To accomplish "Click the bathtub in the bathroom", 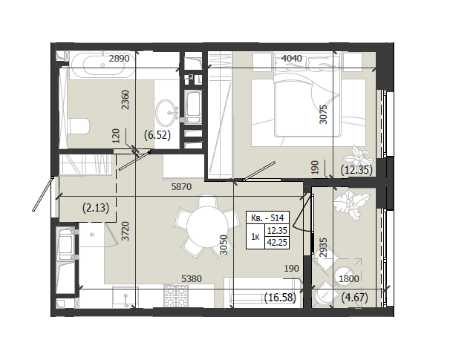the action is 102,65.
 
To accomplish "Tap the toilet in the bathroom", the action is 79,126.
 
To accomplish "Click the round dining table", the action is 207,227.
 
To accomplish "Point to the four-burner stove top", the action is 176,296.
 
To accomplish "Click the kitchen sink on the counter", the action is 126,297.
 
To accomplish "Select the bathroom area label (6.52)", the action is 157,135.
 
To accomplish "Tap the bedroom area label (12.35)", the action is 356,170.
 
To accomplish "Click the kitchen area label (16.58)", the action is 280,298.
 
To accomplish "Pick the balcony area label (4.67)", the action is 354,298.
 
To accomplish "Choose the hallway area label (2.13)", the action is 96,208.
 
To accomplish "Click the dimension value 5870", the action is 181,187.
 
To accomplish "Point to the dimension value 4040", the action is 292,59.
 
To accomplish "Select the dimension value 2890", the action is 119,59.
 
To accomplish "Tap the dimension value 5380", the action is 192,279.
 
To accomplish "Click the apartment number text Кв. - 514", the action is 267,217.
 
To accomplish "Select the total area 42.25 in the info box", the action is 277,243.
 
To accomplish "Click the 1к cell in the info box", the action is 255,237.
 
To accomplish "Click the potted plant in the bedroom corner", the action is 358,156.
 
